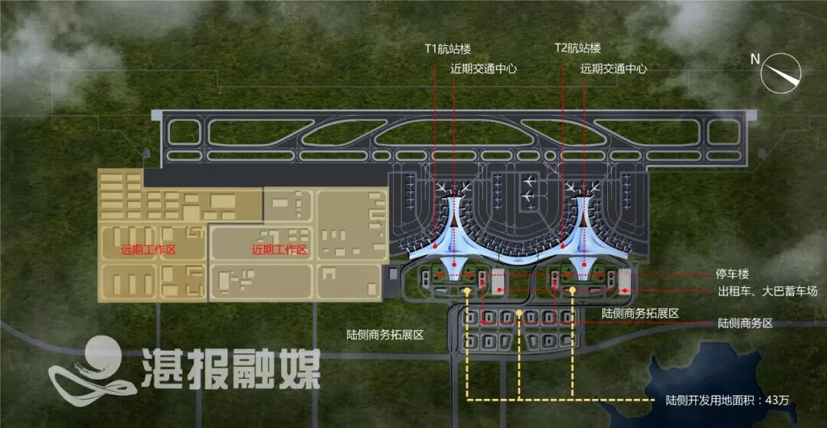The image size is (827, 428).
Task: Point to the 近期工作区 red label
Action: click(279, 250)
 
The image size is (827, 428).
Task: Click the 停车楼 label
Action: click(734, 274)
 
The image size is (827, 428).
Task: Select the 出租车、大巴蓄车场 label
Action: click(767, 292)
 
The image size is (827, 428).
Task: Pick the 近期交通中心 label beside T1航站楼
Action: click(484, 69)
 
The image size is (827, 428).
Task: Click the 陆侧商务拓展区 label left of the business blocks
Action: click(385, 335)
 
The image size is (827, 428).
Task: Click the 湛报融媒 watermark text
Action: click(230, 371)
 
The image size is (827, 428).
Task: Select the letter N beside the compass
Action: click(755, 59)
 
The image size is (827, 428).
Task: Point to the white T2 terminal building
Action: click(584, 230)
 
